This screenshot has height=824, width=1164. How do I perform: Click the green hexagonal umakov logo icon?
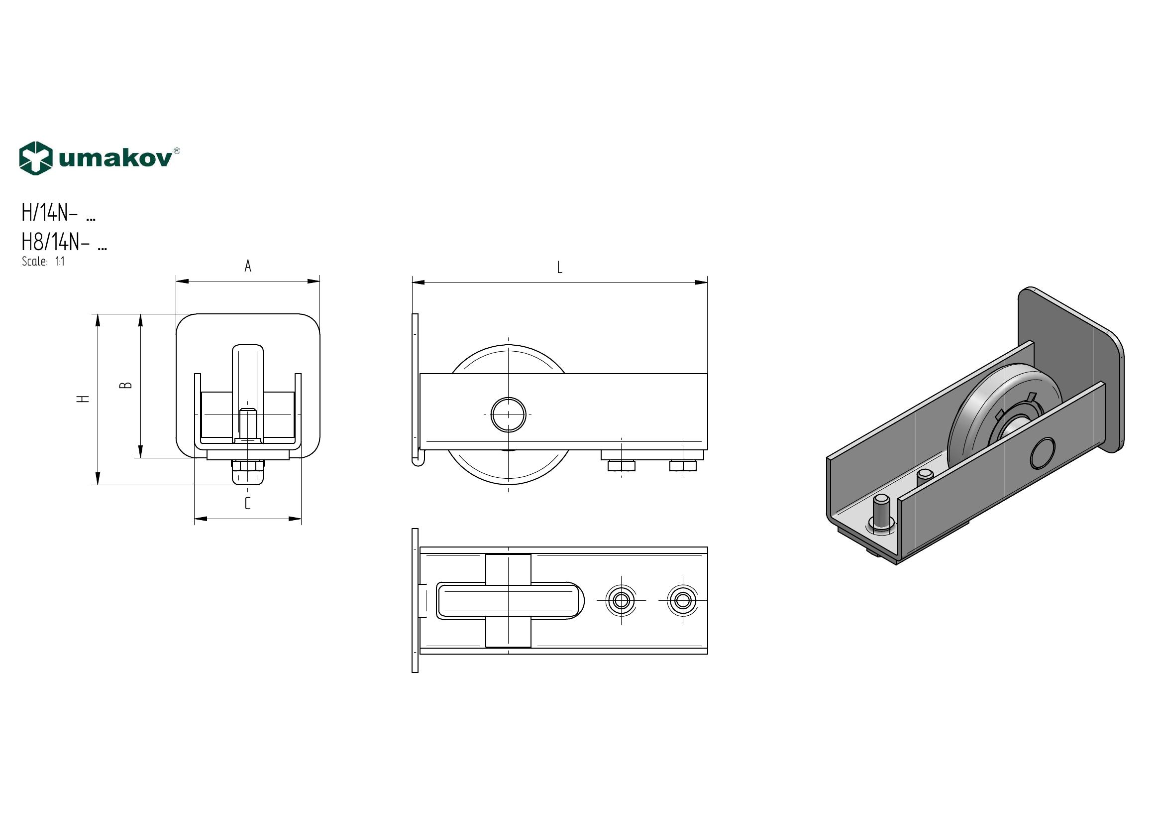click(x=35, y=158)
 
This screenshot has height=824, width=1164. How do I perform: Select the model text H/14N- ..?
click(x=49, y=213)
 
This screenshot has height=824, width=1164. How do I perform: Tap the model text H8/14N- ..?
click(x=55, y=243)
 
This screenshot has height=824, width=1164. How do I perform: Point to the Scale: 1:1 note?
click(x=43, y=262)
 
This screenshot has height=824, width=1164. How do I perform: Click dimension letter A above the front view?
click(x=248, y=266)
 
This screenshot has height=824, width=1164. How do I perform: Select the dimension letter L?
click(x=560, y=268)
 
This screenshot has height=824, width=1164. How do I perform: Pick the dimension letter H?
click(x=84, y=399)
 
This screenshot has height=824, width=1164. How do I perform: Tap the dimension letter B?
click(x=127, y=385)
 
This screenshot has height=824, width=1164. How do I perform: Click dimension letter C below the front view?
click(x=248, y=503)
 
